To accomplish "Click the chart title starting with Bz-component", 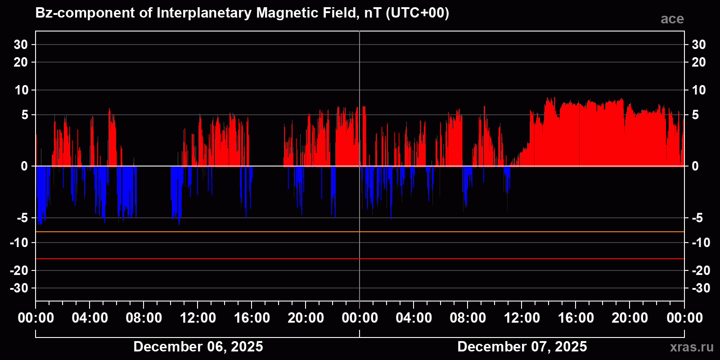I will [x=242, y=13].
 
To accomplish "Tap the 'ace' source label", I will [x=672, y=19].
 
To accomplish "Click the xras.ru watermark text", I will [x=692, y=347].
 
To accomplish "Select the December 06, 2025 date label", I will [x=198, y=346].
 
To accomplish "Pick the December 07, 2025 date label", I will [x=522, y=346].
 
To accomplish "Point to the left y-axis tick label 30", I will [x=21, y=45].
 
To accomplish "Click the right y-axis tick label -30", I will [x=701, y=288].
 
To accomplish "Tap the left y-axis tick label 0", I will [x=24, y=166].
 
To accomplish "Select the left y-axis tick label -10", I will [x=19, y=243].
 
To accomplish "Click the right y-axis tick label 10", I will [x=698, y=90].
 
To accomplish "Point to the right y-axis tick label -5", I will [x=697, y=218].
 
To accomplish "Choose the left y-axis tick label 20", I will [x=21, y=62].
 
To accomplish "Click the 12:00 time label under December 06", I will [x=198, y=318].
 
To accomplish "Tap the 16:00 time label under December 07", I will [x=576, y=318].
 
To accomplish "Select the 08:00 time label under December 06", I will [x=144, y=318].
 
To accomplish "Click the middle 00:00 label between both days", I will [x=360, y=318].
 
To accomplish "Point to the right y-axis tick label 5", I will [x=695, y=115].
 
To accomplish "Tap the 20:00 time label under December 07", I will [x=630, y=318].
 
